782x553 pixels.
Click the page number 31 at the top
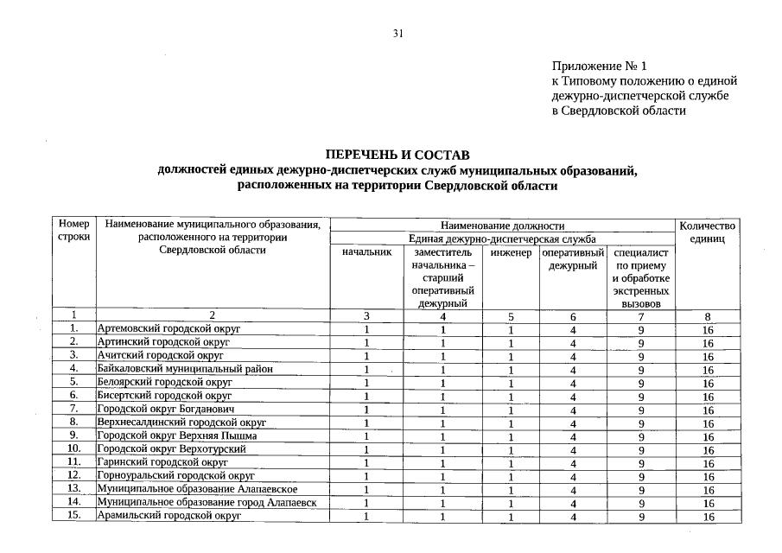click(x=397, y=34)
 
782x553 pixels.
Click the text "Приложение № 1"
click(x=599, y=66)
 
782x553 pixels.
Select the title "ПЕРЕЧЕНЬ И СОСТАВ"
click(x=397, y=155)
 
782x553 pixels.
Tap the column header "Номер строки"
click(x=74, y=232)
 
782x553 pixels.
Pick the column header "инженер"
click(x=511, y=251)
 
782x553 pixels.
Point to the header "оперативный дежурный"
click(x=573, y=258)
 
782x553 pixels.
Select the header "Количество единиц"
click(x=708, y=232)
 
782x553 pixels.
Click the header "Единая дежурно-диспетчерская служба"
click(x=502, y=238)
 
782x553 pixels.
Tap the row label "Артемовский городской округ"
click(x=168, y=329)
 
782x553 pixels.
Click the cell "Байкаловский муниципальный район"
click(x=185, y=369)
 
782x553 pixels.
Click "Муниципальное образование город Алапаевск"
click(x=207, y=502)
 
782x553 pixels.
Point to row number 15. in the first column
click(x=74, y=516)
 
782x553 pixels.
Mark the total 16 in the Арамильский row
click(x=708, y=517)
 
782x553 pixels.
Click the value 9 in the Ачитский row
click(x=641, y=356)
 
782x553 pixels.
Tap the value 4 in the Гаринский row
click(x=573, y=463)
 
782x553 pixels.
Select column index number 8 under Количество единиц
click(x=708, y=316)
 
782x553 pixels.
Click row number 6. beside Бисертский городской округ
click(x=74, y=396)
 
